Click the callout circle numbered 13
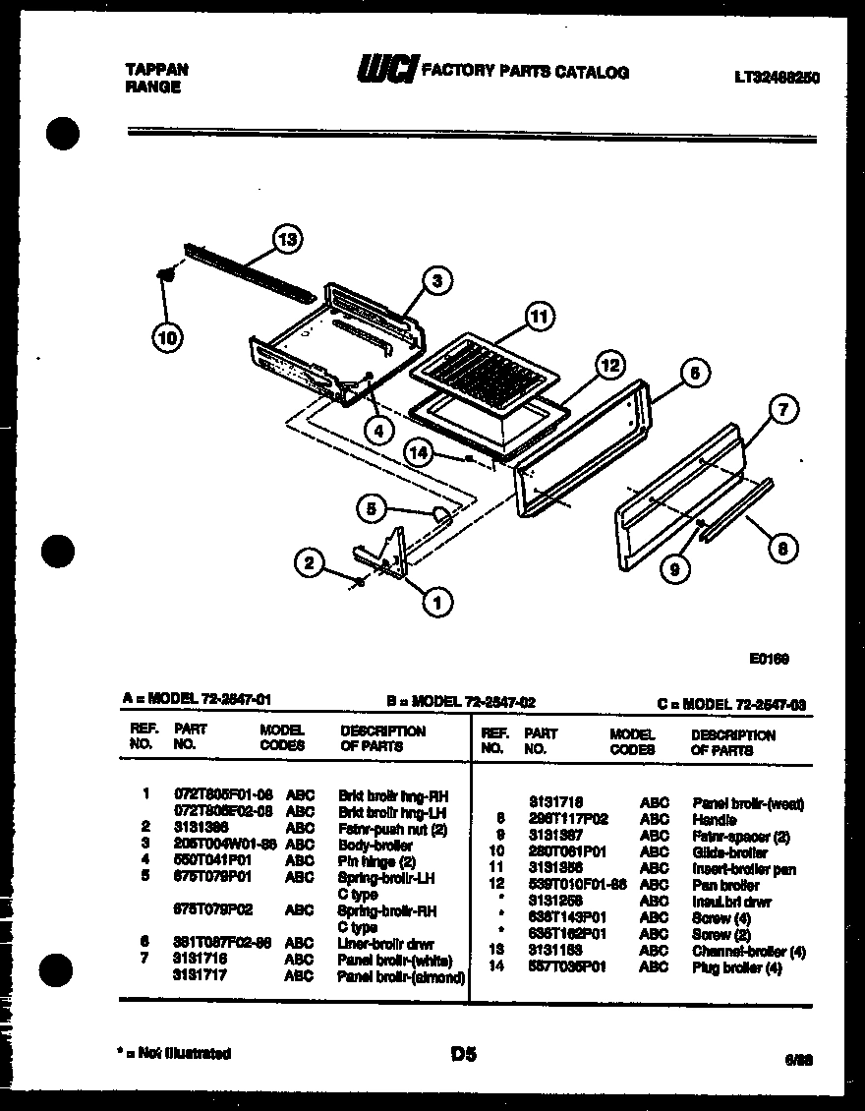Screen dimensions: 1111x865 pyautogui.click(x=286, y=239)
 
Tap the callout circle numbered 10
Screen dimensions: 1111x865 pyautogui.click(x=167, y=338)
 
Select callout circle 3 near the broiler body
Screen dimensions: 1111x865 pyautogui.click(x=436, y=281)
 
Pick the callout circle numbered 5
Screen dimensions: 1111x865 pyautogui.click(x=371, y=508)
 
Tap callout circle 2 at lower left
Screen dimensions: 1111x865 pyautogui.click(x=310, y=562)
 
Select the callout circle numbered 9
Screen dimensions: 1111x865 pyautogui.click(x=675, y=566)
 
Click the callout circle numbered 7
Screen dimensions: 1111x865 pyautogui.click(x=782, y=411)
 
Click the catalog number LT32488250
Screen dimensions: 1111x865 pyautogui.click(x=776, y=77)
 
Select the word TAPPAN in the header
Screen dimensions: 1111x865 pyautogui.click(x=157, y=70)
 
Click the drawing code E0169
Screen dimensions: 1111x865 pyautogui.click(x=769, y=660)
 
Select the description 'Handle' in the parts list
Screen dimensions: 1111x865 pyautogui.click(x=715, y=819)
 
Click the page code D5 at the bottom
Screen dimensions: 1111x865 pyautogui.click(x=462, y=1054)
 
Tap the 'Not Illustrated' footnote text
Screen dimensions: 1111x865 pyautogui.click(x=177, y=1053)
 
